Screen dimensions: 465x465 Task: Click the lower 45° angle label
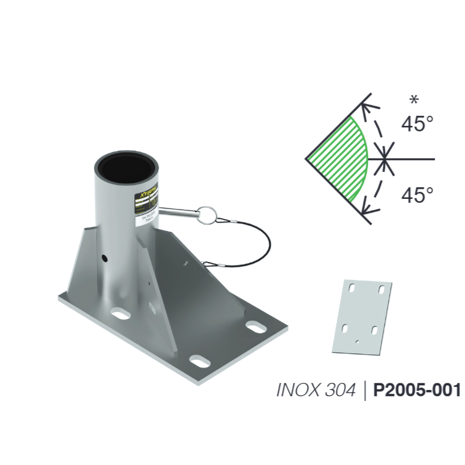(x=417, y=195)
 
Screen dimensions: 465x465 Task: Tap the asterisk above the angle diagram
(x=414, y=101)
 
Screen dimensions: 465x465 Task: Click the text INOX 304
(x=316, y=390)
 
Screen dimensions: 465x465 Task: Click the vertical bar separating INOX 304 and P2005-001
(x=365, y=390)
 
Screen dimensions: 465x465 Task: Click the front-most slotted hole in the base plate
(x=199, y=361)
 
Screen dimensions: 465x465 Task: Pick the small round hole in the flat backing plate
(x=357, y=342)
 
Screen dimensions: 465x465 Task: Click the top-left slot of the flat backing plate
(x=353, y=287)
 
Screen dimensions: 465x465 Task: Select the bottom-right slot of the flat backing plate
(x=374, y=330)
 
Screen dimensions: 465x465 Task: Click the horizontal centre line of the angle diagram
(x=413, y=159)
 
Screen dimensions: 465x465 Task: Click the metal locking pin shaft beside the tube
(x=177, y=211)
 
